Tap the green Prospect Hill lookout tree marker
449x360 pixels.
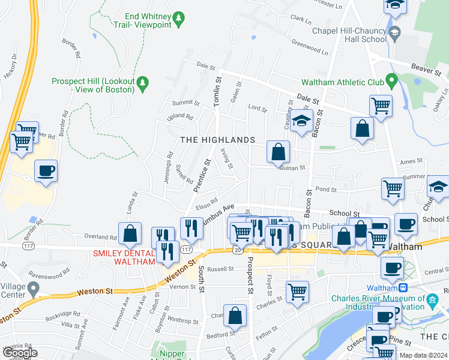142,81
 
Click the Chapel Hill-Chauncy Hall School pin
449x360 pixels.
394,32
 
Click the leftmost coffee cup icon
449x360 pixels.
46,171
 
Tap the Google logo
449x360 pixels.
20,353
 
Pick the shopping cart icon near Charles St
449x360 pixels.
297,292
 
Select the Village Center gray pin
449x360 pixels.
34,290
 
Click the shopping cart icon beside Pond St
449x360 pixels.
393,188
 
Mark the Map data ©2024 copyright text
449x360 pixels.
423,355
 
